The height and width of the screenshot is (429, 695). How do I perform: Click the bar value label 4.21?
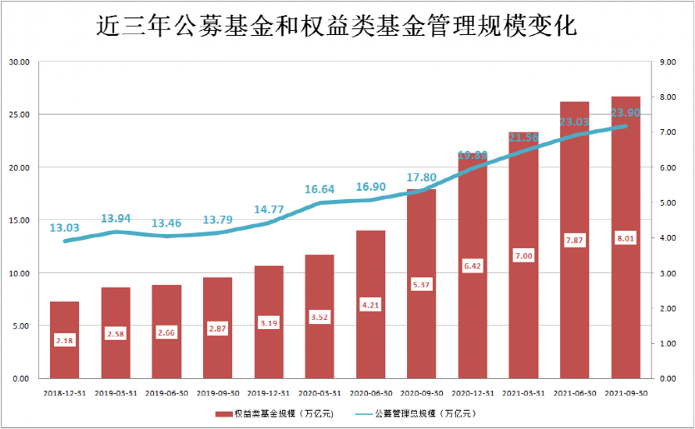coord(371,305)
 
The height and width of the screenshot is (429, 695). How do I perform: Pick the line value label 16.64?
coord(320,190)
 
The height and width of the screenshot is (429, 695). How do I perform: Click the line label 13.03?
coord(64,227)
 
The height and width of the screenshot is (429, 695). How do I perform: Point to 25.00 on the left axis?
coord(18,114)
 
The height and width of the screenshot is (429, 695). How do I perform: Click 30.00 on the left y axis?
coord(18,62)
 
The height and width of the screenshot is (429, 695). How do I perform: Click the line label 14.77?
coord(269,210)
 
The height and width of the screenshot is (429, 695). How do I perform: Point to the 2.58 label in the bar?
coord(116,334)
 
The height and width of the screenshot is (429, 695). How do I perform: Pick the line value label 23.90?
coord(625,112)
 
